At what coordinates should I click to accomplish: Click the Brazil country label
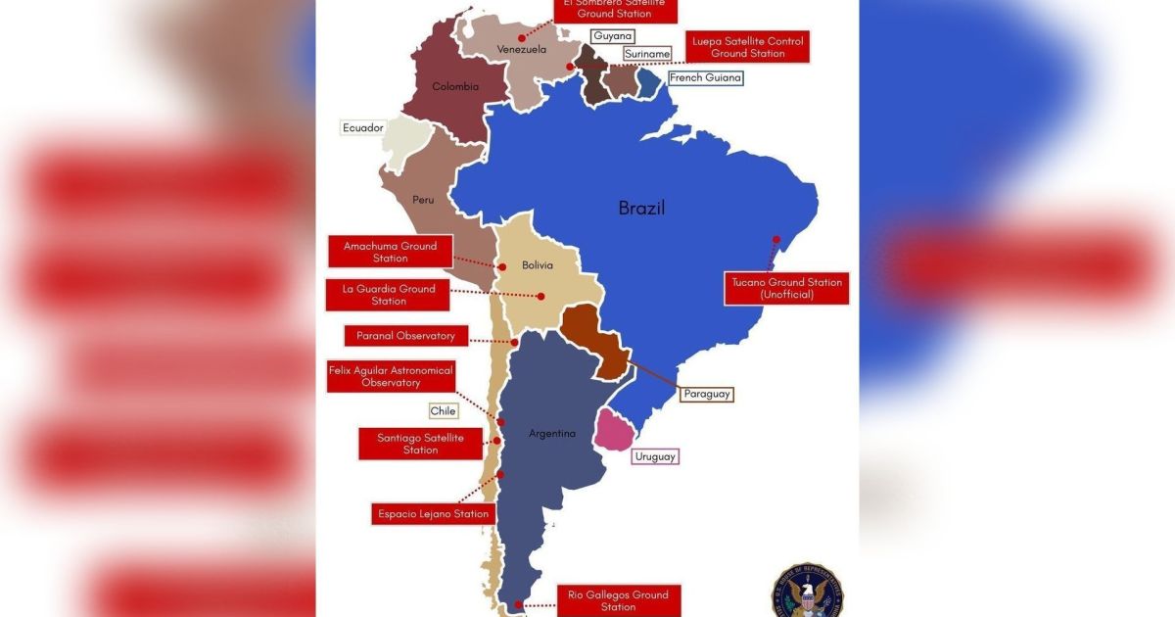coord(641,208)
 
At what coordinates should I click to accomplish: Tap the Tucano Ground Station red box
coord(786,288)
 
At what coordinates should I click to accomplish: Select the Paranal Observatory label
coord(399,336)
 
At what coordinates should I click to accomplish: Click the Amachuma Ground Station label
coord(390,252)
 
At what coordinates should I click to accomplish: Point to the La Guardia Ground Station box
coord(388,295)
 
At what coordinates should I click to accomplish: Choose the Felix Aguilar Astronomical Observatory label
coord(391,376)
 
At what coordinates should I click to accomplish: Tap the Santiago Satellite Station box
coord(420,443)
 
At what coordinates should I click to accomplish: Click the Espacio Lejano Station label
coord(431,513)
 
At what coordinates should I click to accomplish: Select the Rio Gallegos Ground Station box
coord(617,600)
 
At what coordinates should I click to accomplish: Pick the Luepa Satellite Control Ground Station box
coord(747,47)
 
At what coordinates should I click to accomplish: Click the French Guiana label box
coord(705,77)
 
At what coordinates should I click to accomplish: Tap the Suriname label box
coord(646,54)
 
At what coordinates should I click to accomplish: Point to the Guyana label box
coord(612,36)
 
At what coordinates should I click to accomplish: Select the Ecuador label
coord(362,127)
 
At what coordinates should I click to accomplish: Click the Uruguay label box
coord(654,456)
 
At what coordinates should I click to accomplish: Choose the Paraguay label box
coord(705,394)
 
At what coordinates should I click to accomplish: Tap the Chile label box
coord(443,411)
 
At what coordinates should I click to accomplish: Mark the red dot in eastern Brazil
coord(775,239)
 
